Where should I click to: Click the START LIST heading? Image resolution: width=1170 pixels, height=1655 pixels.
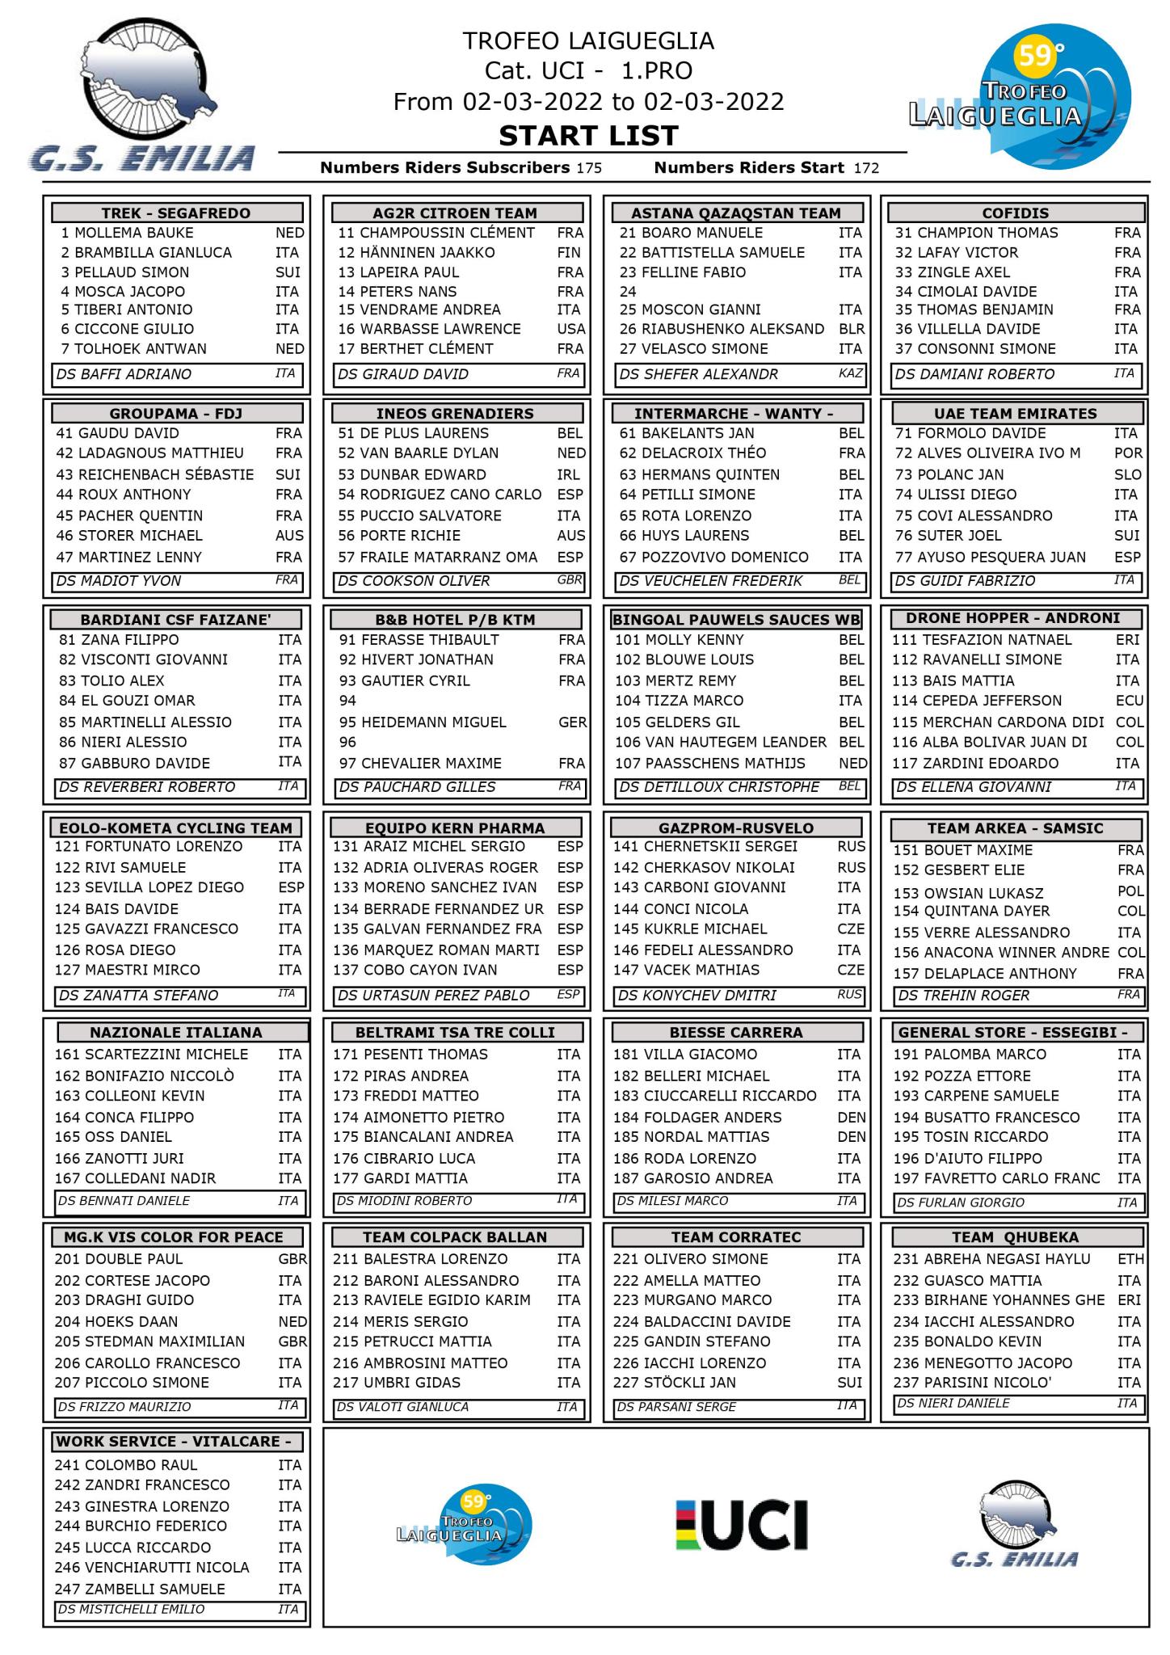(587, 136)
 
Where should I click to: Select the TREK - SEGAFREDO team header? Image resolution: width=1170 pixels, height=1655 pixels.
(176, 213)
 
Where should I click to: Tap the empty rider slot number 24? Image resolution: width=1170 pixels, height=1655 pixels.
(629, 292)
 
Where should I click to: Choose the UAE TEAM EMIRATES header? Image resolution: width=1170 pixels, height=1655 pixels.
(1015, 414)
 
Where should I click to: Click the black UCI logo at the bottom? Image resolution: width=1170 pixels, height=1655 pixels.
(742, 1524)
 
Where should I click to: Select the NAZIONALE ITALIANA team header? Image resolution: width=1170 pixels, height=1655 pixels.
(176, 1033)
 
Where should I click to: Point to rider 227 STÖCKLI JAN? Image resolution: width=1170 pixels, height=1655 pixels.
(675, 1383)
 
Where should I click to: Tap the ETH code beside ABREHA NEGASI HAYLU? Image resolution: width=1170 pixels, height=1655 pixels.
(1130, 1259)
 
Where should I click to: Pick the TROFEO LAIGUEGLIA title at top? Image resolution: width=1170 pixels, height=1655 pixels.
(587, 41)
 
